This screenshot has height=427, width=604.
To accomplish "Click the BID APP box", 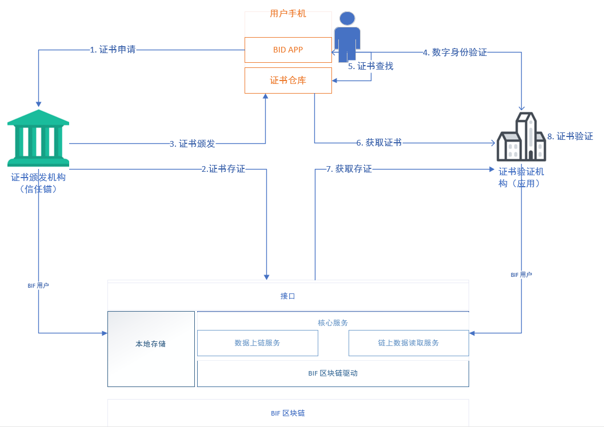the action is point(288,50).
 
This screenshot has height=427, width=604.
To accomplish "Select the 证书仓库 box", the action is point(288,80).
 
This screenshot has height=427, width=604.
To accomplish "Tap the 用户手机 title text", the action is point(288,14).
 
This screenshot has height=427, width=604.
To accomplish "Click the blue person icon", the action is point(347,37).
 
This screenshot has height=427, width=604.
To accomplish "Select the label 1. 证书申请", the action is point(113,50).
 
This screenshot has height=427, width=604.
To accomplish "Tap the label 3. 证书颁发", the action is point(192,143).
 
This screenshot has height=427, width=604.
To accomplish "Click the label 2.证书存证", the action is point(223,169).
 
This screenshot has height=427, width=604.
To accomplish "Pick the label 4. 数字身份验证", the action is point(455,53).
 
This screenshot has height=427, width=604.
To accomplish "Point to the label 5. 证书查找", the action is point(370,66).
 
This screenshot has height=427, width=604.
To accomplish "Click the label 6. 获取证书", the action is point(379,143).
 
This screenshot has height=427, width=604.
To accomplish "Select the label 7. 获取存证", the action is point(349,169).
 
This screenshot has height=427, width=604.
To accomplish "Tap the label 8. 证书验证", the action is point(570,136).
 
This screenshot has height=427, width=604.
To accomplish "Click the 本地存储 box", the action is point(151,349).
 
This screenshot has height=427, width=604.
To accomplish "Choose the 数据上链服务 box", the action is point(258,343).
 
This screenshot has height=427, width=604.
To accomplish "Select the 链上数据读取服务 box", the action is point(409,343).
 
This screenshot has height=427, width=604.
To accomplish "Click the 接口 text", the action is point(288,296).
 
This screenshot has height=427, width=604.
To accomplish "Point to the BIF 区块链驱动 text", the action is point(333,373).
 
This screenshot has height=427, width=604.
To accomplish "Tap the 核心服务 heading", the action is point(333,323).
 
